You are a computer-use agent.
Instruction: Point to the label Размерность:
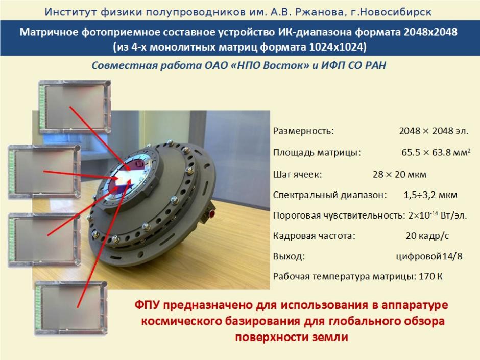tap(303, 131)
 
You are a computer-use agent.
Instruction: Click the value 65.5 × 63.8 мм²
tap(436, 152)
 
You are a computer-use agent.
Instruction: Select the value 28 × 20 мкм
tap(399, 175)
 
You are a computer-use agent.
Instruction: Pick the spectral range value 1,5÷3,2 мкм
tap(430, 195)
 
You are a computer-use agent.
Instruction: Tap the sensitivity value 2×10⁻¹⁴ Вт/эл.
tap(438, 215)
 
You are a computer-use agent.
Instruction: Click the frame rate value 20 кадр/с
tap(427, 236)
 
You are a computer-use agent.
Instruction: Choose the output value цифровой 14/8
tap(429, 256)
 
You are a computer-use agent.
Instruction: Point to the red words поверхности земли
tap(292, 337)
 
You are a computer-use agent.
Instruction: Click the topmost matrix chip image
tap(75, 107)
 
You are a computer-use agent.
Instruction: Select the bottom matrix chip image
tap(71, 308)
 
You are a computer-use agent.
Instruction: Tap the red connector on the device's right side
tap(211, 213)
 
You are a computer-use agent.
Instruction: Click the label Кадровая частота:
tap(314, 236)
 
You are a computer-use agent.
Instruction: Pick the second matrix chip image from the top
tap(44, 172)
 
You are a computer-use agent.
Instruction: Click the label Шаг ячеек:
tap(297, 175)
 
